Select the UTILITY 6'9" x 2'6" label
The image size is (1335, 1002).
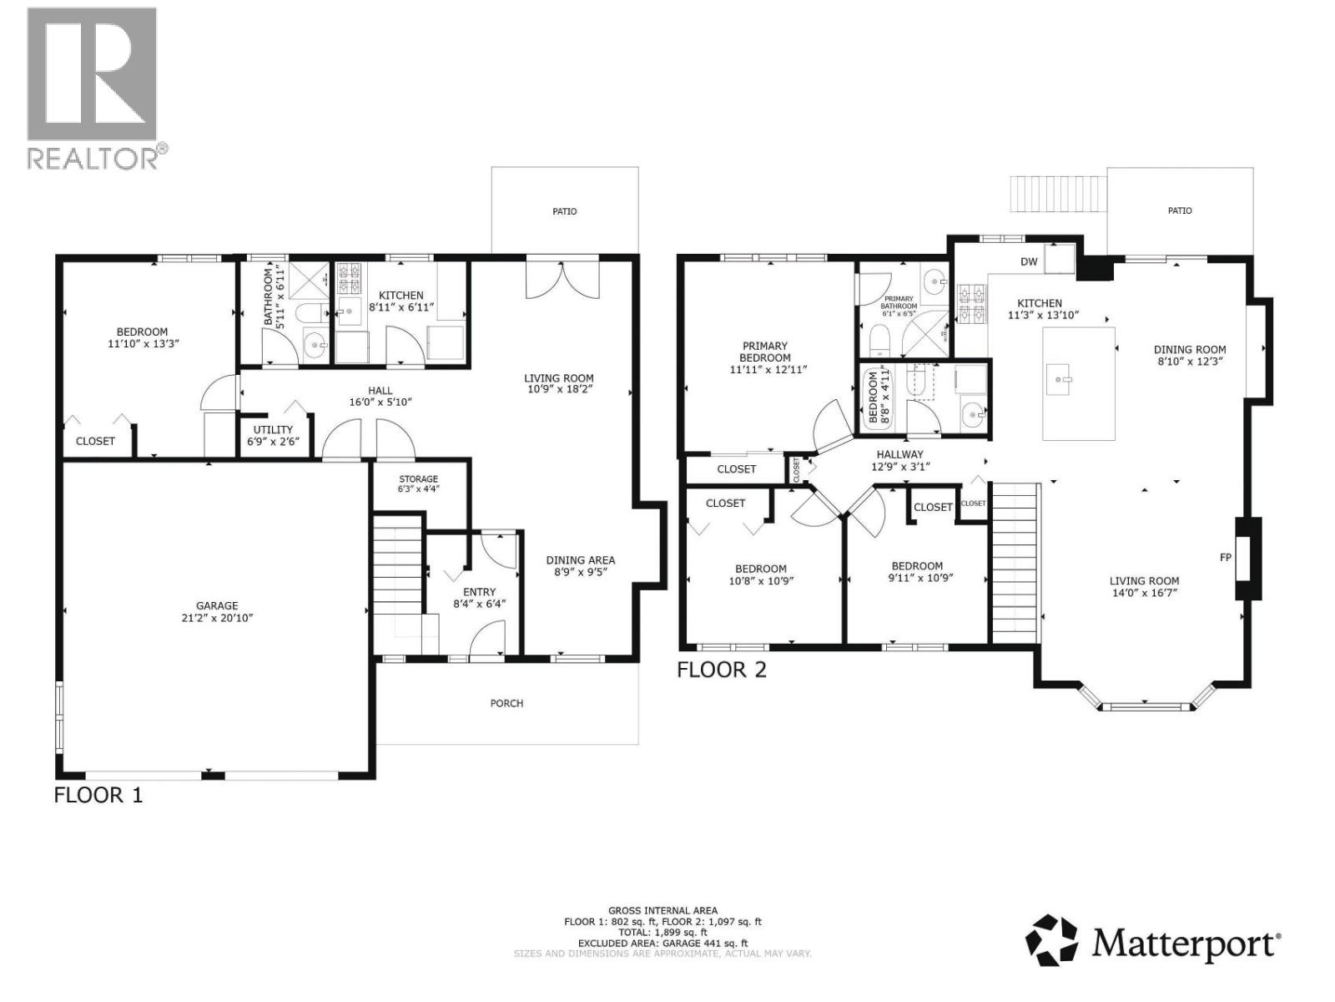pyautogui.click(x=273, y=436)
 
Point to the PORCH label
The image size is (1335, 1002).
pyautogui.click(x=506, y=703)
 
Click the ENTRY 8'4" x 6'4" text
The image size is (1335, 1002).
pyautogui.click(x=479, y=598)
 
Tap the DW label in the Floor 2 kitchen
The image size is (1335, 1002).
pyautogui.click(x=1029, y=262)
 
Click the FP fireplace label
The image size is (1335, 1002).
pyautogui.click(x=1225, y=557)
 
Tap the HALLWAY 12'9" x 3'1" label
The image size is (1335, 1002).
pyautogui.click(x=899, y=461)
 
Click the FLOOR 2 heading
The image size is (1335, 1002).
pyautogui.click(x=721, y=670)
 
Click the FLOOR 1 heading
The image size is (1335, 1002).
pyautogui.click(x=98, y=795)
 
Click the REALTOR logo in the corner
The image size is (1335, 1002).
pyautogui.click(x=92, y=88)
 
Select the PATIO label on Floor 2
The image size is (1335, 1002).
pyautogui.click(x=1179, y=211)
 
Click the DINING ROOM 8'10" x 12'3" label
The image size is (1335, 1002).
pyautogui.click(x=1190, y=356)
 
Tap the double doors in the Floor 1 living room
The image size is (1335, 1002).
pyautogui.click(x=562, y=278)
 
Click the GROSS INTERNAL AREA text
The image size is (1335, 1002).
pyautogui.click(x=662, y=911)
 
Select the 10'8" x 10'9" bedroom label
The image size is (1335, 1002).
pyautogui.click(x=761, y=574)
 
